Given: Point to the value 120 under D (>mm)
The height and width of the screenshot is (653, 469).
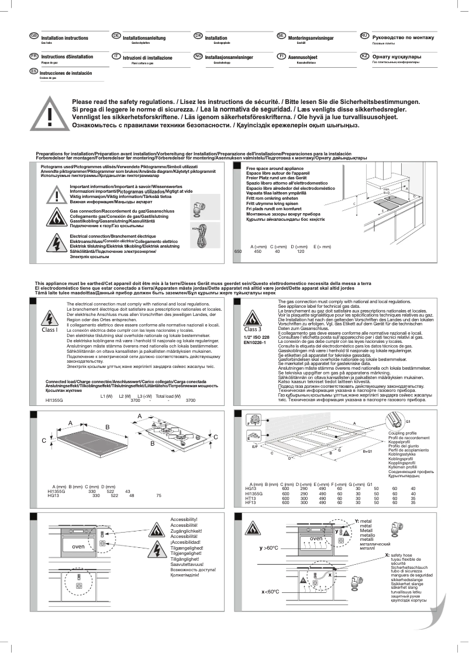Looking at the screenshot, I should (301, 251).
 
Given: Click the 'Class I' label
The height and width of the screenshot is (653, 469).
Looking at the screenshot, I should (50, 329).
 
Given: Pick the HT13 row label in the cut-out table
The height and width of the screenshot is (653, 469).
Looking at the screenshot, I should (250, 498).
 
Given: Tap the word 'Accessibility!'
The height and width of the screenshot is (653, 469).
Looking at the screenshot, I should (184, 519).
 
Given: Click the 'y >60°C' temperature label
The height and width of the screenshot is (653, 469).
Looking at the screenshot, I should (269, 548).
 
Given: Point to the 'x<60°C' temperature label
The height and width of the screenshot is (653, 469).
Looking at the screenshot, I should (270, 608).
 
